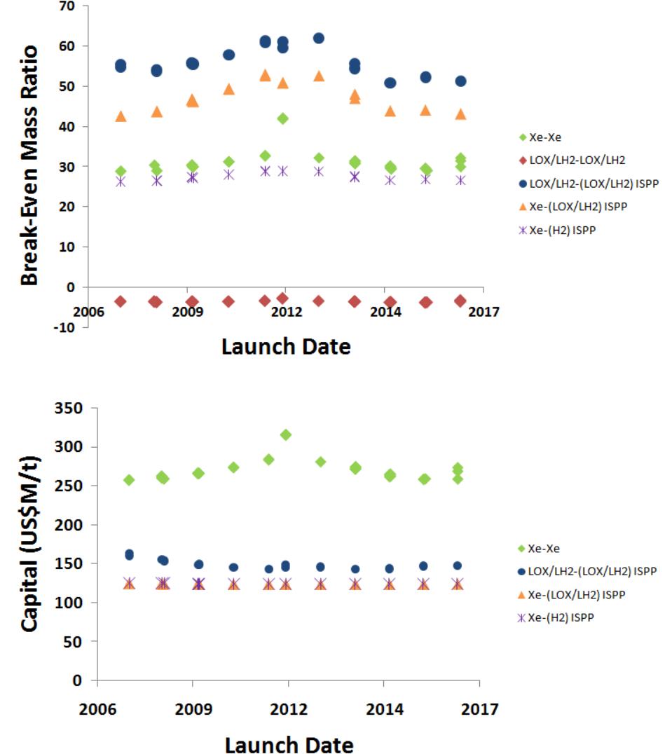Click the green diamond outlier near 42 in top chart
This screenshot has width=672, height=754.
[282, 118]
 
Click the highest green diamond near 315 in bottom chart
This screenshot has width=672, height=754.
[285, 435]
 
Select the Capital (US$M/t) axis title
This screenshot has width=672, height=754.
[30, 544]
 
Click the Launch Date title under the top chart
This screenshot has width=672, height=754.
[286, 346]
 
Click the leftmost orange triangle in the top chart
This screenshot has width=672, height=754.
[121, 116]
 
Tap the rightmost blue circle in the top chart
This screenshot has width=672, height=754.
[460, 81]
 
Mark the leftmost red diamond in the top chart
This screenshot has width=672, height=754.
[121, 301]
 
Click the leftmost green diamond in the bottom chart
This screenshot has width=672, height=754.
[129, 480]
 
